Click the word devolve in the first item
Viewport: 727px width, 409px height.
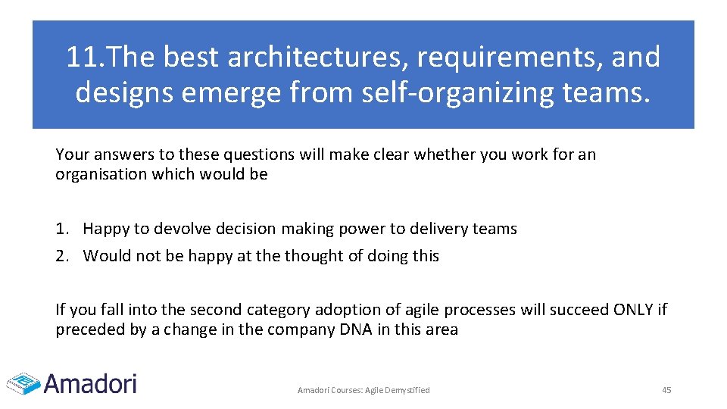(176, 229)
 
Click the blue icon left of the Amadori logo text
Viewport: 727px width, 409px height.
(23, 382)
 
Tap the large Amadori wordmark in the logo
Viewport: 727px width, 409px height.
(90, 382)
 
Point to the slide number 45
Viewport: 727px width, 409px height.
(666, 390)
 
